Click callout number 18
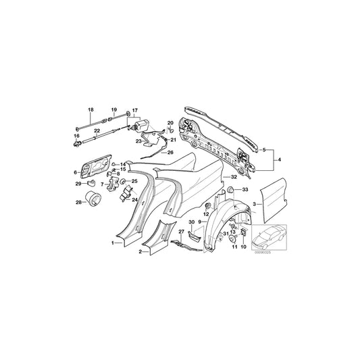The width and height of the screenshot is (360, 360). tap(88, 109)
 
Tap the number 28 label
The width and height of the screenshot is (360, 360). tap(78, 202)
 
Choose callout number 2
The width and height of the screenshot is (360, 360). tap(139, 251)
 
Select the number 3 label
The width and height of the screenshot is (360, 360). tap(253, 203)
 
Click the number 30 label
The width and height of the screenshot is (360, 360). tap(191, 222)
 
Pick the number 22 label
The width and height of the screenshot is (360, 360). tap(97, 130)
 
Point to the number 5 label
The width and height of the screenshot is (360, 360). tap(264, 149)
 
